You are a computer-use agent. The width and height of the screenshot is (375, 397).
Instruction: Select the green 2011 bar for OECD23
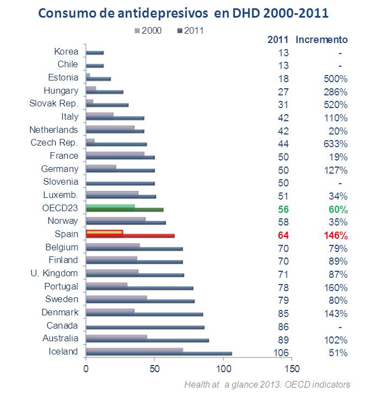point(125,210)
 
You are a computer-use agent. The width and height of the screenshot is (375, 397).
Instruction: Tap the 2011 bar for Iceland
point(159,354)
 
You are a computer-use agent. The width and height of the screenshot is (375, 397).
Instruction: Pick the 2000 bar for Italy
point(100,115)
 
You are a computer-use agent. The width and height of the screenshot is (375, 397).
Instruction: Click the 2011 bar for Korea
point(95,53)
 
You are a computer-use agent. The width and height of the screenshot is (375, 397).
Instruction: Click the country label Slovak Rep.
point(53,104)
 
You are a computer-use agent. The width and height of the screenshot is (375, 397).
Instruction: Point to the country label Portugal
point(61,286)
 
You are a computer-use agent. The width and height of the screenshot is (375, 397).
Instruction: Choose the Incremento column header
point(322,40)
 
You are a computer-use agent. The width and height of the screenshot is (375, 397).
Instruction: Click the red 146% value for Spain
point(335,235)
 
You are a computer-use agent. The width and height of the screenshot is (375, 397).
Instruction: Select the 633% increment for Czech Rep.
point(335,144)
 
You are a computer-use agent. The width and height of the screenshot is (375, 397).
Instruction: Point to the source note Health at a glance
point(267,384)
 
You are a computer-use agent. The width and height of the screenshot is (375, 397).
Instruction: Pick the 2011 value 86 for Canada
point(282,327)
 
